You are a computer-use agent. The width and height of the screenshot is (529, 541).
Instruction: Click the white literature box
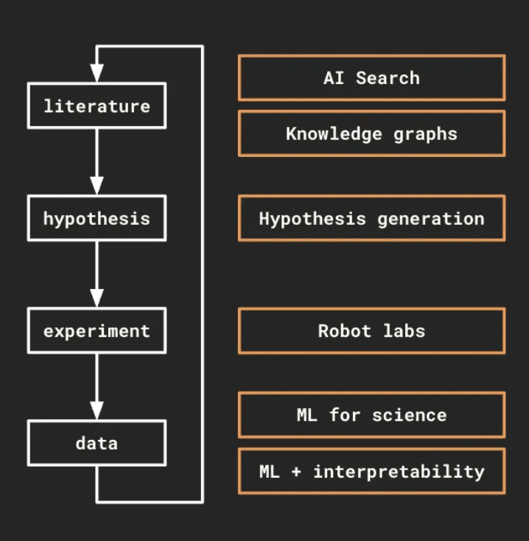[x=97, y=106]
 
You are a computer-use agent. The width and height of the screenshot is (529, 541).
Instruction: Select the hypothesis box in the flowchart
[x=97, y=219]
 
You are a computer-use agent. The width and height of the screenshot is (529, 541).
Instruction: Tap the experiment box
[x=97, y=331]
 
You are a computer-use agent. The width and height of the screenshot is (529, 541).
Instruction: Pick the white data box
[x=97, y=443]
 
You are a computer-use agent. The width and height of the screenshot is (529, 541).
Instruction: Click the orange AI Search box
[x=371, y=77]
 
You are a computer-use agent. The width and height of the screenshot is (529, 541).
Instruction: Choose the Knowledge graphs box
[x=371, y=133]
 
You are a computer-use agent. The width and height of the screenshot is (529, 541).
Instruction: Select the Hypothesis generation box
[x=371, y=218]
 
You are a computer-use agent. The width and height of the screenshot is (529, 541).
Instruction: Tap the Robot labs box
[x=371, y=330]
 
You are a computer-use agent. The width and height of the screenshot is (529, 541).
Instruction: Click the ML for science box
[x=371, y=414]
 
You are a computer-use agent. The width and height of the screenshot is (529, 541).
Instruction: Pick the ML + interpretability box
[x=371, y=471]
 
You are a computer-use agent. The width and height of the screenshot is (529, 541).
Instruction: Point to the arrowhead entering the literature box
[x=97, y=74]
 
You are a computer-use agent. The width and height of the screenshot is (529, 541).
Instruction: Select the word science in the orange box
[x=409, y=414]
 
